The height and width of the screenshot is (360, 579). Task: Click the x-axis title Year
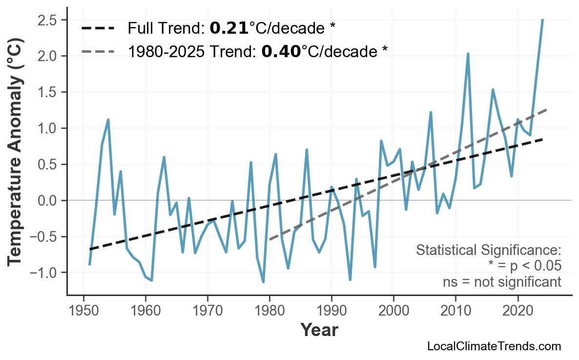319,330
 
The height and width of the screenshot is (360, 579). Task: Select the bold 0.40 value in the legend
281,51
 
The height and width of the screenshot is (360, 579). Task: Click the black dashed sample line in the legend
98,28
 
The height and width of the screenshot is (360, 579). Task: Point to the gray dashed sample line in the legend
98,51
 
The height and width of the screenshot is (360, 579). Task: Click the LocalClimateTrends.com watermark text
494,346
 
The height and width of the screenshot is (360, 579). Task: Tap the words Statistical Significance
488,251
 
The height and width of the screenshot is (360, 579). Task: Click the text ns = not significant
502,282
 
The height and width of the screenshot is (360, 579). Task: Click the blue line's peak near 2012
468,54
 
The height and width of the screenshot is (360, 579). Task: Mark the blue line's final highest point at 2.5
542,20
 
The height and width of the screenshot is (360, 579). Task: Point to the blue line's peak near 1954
108,120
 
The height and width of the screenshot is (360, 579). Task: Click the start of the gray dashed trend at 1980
269,240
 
